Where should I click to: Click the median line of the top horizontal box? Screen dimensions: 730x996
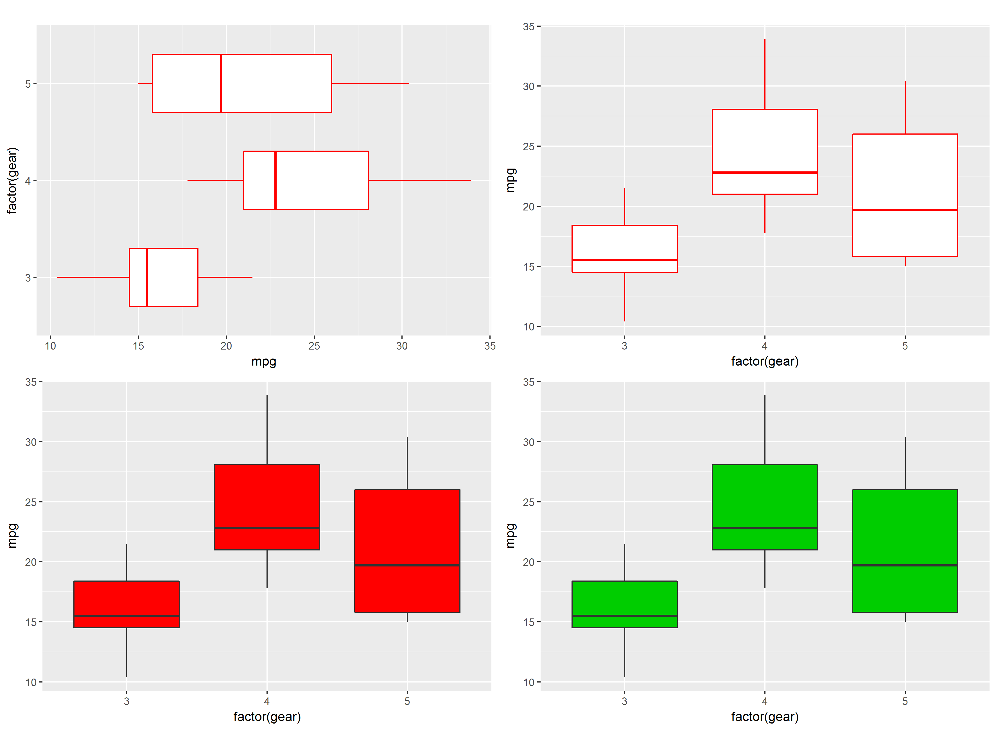coord(221,83)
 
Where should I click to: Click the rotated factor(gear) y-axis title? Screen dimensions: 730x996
coord(12,180)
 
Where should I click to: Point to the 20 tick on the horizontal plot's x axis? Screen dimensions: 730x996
coord(226,346)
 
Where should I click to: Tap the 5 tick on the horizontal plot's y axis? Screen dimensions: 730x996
coord(28,83)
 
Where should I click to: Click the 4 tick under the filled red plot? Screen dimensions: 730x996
coord(266,701)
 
